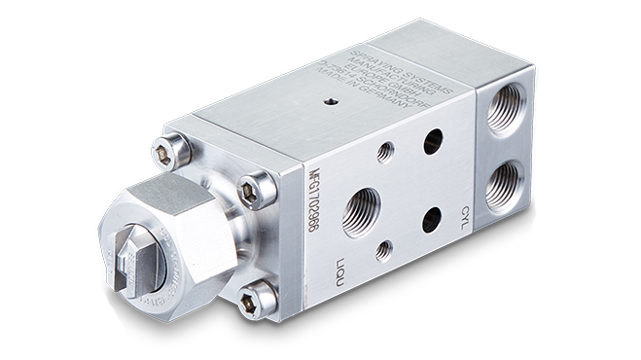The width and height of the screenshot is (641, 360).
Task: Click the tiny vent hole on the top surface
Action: [329, 101]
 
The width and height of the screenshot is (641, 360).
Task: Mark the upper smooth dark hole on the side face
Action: [432, 142]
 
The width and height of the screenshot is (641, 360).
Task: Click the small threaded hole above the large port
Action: [385, 151]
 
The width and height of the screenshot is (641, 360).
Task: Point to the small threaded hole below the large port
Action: [384, 252]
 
